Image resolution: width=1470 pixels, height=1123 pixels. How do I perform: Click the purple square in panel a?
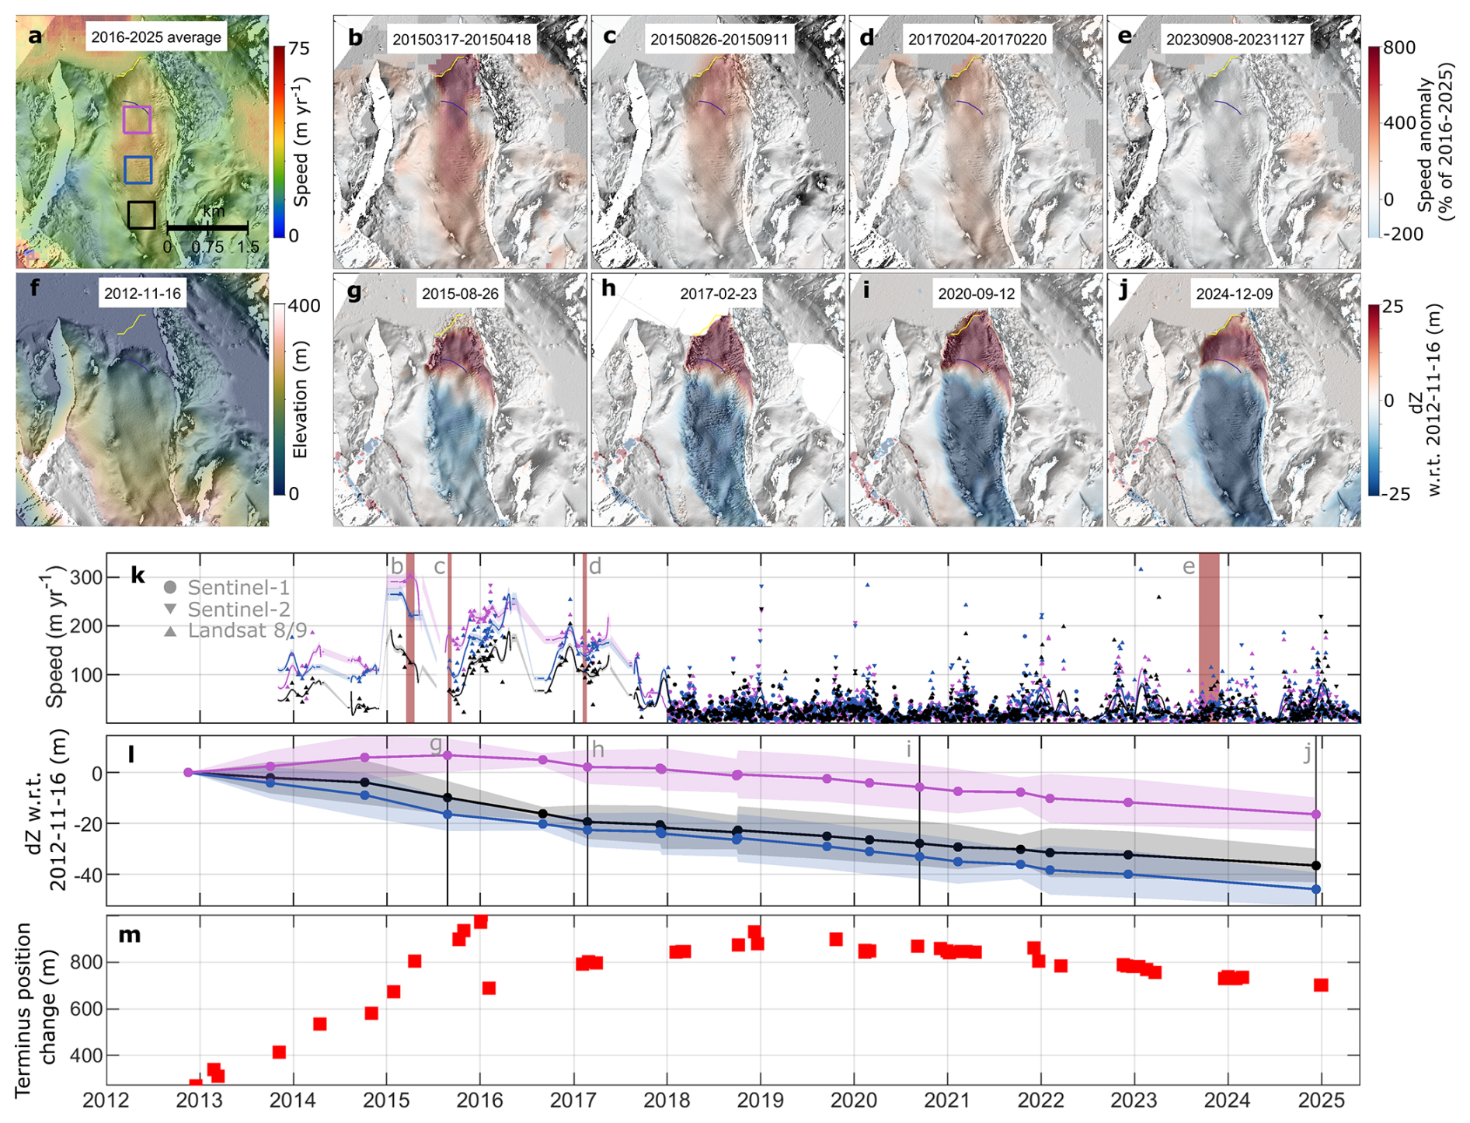[137, 120]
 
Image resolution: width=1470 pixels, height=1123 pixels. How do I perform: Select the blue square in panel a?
[138, 169]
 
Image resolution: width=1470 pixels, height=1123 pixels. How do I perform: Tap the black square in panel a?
[141, 214]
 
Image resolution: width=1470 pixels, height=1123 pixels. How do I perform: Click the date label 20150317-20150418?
[462, 40]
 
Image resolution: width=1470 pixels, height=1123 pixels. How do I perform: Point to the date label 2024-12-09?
[1235, 294]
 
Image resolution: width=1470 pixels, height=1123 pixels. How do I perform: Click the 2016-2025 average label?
[156, 37]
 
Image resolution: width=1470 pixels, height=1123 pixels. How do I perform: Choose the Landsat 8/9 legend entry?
[235, 630]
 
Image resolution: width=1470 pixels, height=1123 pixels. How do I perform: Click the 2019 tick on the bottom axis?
[761, 1100]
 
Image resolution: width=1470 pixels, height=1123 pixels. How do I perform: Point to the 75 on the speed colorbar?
[299, 49]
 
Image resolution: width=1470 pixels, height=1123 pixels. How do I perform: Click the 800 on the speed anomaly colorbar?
[1399, 47]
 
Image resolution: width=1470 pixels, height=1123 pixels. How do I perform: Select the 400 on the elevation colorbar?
[305, 306]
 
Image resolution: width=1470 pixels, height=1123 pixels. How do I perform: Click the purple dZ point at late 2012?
[188, 772]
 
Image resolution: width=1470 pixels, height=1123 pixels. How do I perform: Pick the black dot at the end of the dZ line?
[1315, 865]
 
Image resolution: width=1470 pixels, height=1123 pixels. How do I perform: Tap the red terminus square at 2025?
[1321, 985]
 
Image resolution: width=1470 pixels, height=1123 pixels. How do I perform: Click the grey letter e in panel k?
[1189, 568]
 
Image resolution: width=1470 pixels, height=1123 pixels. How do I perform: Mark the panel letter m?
[130, 934]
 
